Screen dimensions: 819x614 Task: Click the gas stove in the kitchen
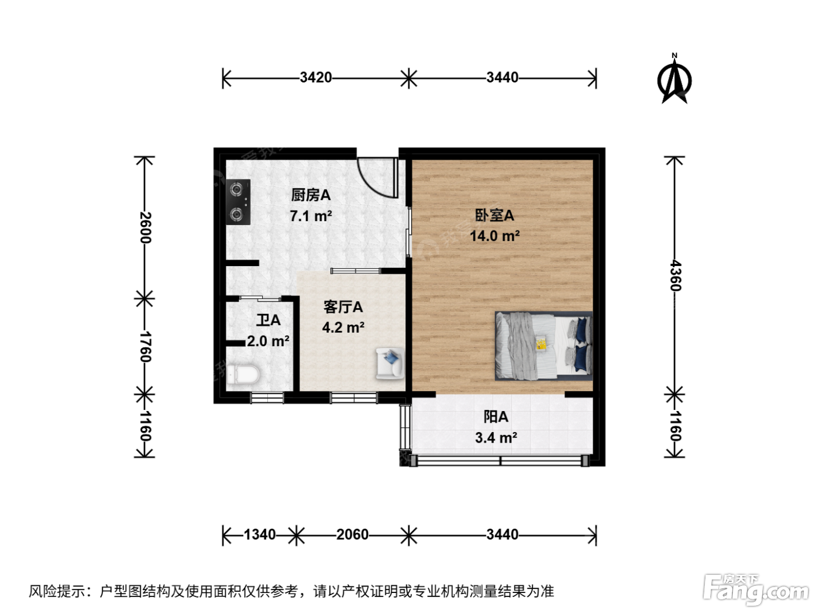click(238, 202)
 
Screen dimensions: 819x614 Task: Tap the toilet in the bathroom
click(243, 375)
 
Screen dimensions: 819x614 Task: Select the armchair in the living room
click(390, 363)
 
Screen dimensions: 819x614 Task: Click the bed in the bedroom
click(543, 346)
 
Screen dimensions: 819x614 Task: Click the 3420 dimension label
click(316, 78)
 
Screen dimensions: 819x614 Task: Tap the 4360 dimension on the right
click(675, 275)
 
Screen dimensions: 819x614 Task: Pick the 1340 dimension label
click(259, 534)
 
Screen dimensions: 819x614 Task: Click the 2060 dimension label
click(352, 534)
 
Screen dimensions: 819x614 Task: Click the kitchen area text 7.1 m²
click(311, 216)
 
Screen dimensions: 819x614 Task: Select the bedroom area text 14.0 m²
click(494, 236)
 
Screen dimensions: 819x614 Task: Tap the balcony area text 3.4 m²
click(496, 437)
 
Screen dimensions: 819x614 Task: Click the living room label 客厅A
click(343, 307)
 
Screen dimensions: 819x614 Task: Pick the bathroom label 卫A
click(269, 320)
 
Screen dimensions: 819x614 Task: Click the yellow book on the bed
click(541, 343)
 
